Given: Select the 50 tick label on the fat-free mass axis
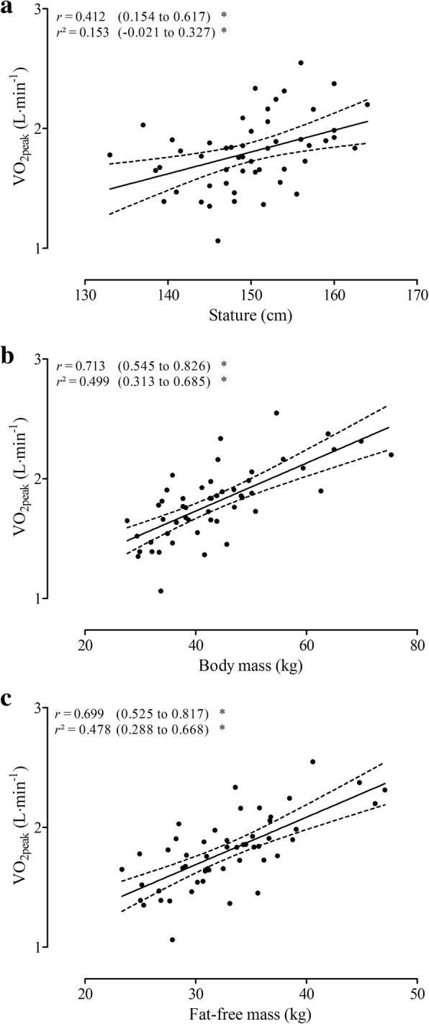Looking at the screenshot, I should pos(417,994).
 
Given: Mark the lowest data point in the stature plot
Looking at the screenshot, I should pos(218,241).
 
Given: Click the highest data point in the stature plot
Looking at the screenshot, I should pos(301,63).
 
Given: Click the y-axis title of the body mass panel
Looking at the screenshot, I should pos(22,479).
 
